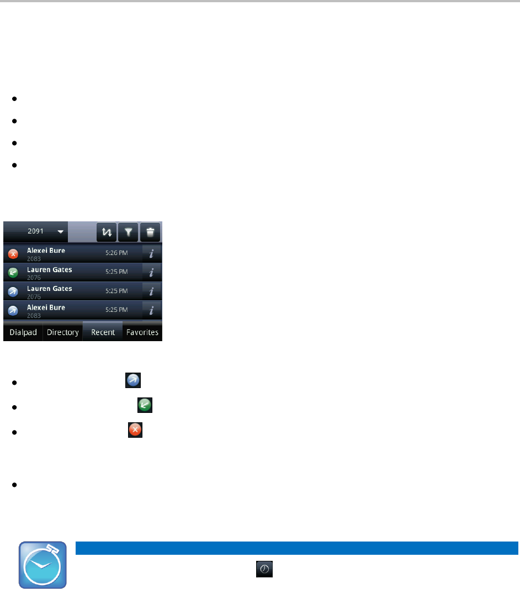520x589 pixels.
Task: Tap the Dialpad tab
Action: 23,332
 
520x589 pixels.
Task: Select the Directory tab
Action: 62,332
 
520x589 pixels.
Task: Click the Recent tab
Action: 103,332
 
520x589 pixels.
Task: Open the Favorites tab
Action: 142,332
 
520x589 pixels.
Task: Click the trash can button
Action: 150,232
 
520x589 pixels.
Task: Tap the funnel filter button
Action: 128,232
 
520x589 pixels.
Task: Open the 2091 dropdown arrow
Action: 59,232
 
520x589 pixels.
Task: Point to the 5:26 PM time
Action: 116,253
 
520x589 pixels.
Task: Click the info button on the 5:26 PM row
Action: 152,253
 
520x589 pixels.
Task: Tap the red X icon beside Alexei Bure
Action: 14,254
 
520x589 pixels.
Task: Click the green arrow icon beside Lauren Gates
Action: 14,272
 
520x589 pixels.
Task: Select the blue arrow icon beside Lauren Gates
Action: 14,291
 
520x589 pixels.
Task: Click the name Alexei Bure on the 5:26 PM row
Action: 46,250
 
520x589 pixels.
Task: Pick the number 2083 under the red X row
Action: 34,258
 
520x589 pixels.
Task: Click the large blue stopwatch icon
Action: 43,564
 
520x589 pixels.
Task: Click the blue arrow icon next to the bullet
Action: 134,380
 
